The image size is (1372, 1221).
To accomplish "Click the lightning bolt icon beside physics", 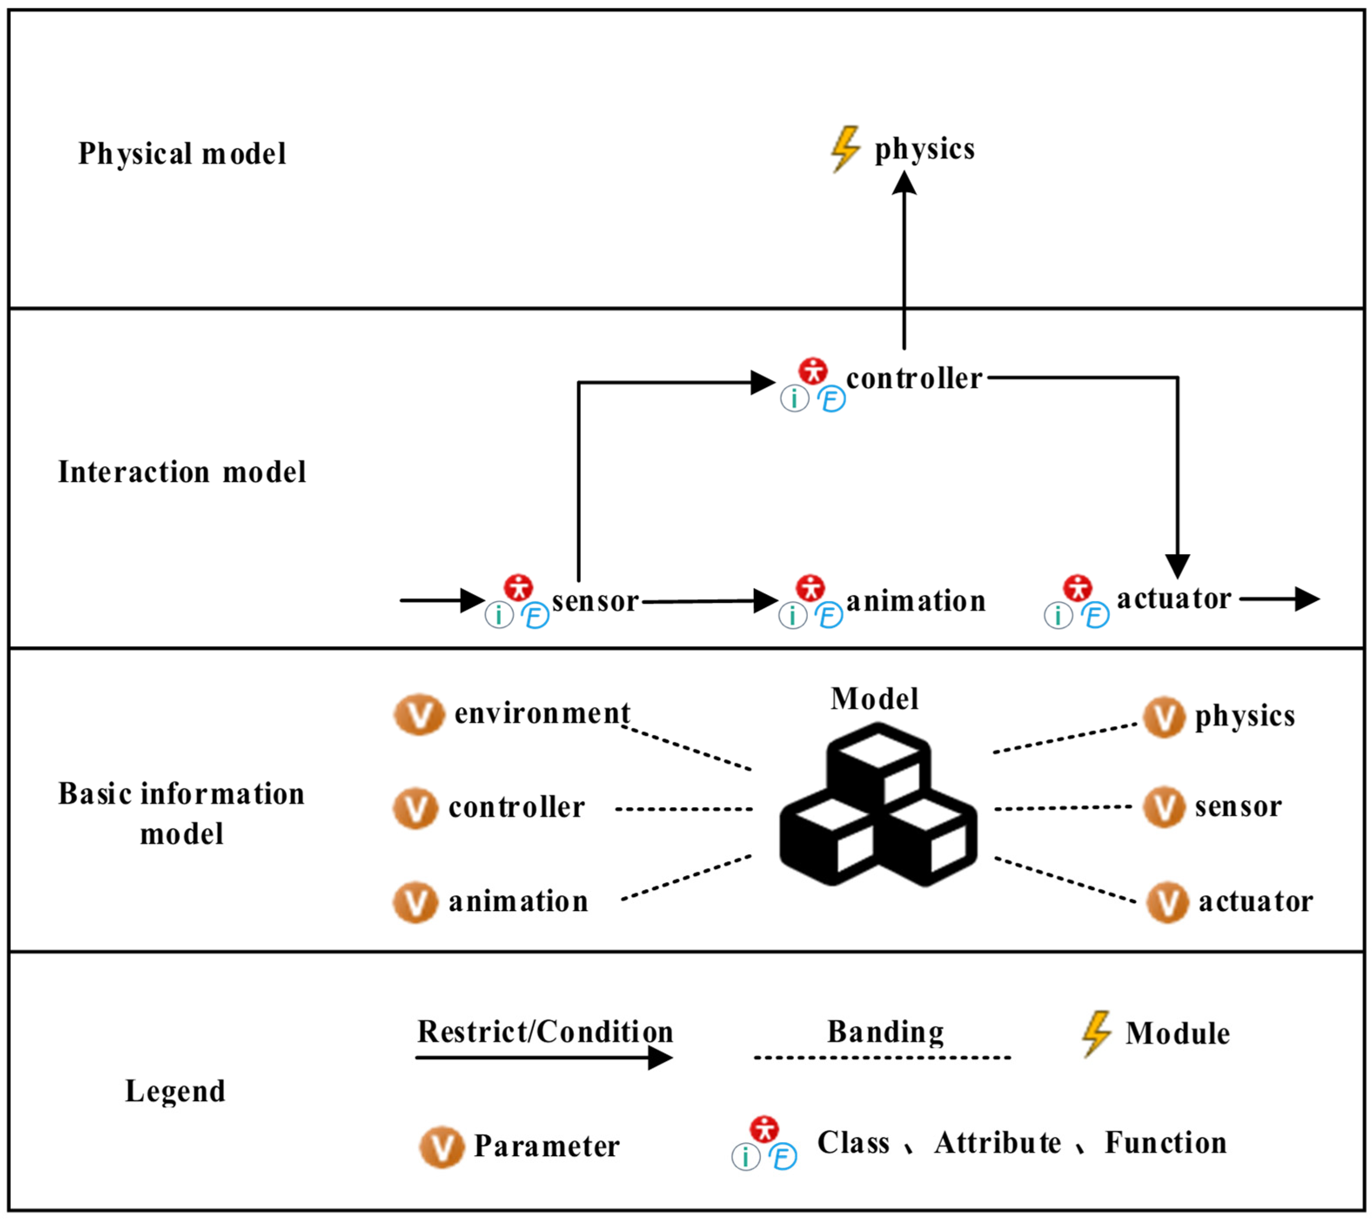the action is [846, 149].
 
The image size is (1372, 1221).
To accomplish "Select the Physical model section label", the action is [182, 154].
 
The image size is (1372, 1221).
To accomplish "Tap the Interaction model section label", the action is [182, 471].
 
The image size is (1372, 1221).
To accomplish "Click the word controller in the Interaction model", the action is [914, 379].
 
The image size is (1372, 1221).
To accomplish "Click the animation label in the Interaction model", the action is [916, 601].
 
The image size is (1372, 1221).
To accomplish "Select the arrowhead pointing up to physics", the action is [904, 183].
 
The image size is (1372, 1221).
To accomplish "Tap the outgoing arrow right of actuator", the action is [1279, 599].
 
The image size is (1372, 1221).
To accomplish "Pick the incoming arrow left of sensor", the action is [442, 600].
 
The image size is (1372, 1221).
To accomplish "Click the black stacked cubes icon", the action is [878, 804].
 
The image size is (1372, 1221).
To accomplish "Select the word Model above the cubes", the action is [874, 699].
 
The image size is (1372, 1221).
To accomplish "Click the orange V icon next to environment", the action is [419, 715].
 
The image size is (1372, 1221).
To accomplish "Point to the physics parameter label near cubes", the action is [1245, 716].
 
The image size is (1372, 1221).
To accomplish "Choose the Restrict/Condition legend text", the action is [545, 1032].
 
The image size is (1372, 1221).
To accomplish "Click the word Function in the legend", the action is [1166, 1142].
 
